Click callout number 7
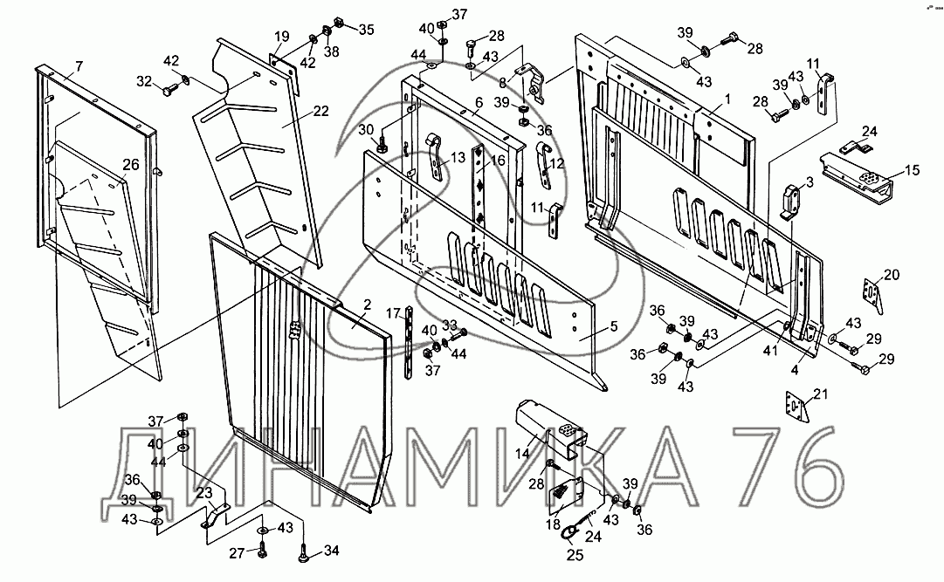79,65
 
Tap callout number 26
131,164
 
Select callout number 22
320,111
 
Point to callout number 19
282,36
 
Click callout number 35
366,29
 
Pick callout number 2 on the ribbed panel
368,305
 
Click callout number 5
614,326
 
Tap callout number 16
498,160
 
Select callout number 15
912,170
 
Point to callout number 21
821,394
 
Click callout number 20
891,275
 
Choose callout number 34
331,550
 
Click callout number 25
575,555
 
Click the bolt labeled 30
381,145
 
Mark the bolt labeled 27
261,551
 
